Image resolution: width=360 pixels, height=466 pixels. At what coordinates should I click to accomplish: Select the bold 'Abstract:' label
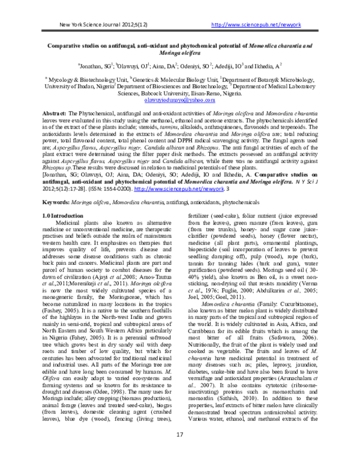pyautogui.click(x=59, y=113)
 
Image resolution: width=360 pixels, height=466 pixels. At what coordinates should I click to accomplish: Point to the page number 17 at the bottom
pyautogui.click(x=179, y=451)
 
